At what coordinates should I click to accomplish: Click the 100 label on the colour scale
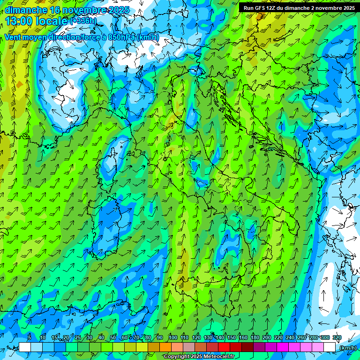[173, 337]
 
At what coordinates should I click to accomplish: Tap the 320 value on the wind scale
[337, 337]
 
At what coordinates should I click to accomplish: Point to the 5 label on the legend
[29, 337]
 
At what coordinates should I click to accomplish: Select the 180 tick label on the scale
[255, 337]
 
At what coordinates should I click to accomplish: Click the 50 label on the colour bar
[113, 337]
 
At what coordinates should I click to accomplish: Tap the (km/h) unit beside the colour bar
[348, 348]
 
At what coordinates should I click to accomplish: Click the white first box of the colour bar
[25, 347]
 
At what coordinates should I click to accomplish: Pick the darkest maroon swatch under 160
[247, 347]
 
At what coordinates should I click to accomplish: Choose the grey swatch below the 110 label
[189, 347]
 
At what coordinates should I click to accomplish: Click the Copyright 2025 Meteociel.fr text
[199, 357]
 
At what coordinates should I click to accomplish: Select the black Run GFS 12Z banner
[299, 8]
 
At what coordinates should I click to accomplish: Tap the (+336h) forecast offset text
[83, 21]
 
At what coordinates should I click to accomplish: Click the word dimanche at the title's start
[26, 10]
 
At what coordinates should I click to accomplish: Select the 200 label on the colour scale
[267, 337]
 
